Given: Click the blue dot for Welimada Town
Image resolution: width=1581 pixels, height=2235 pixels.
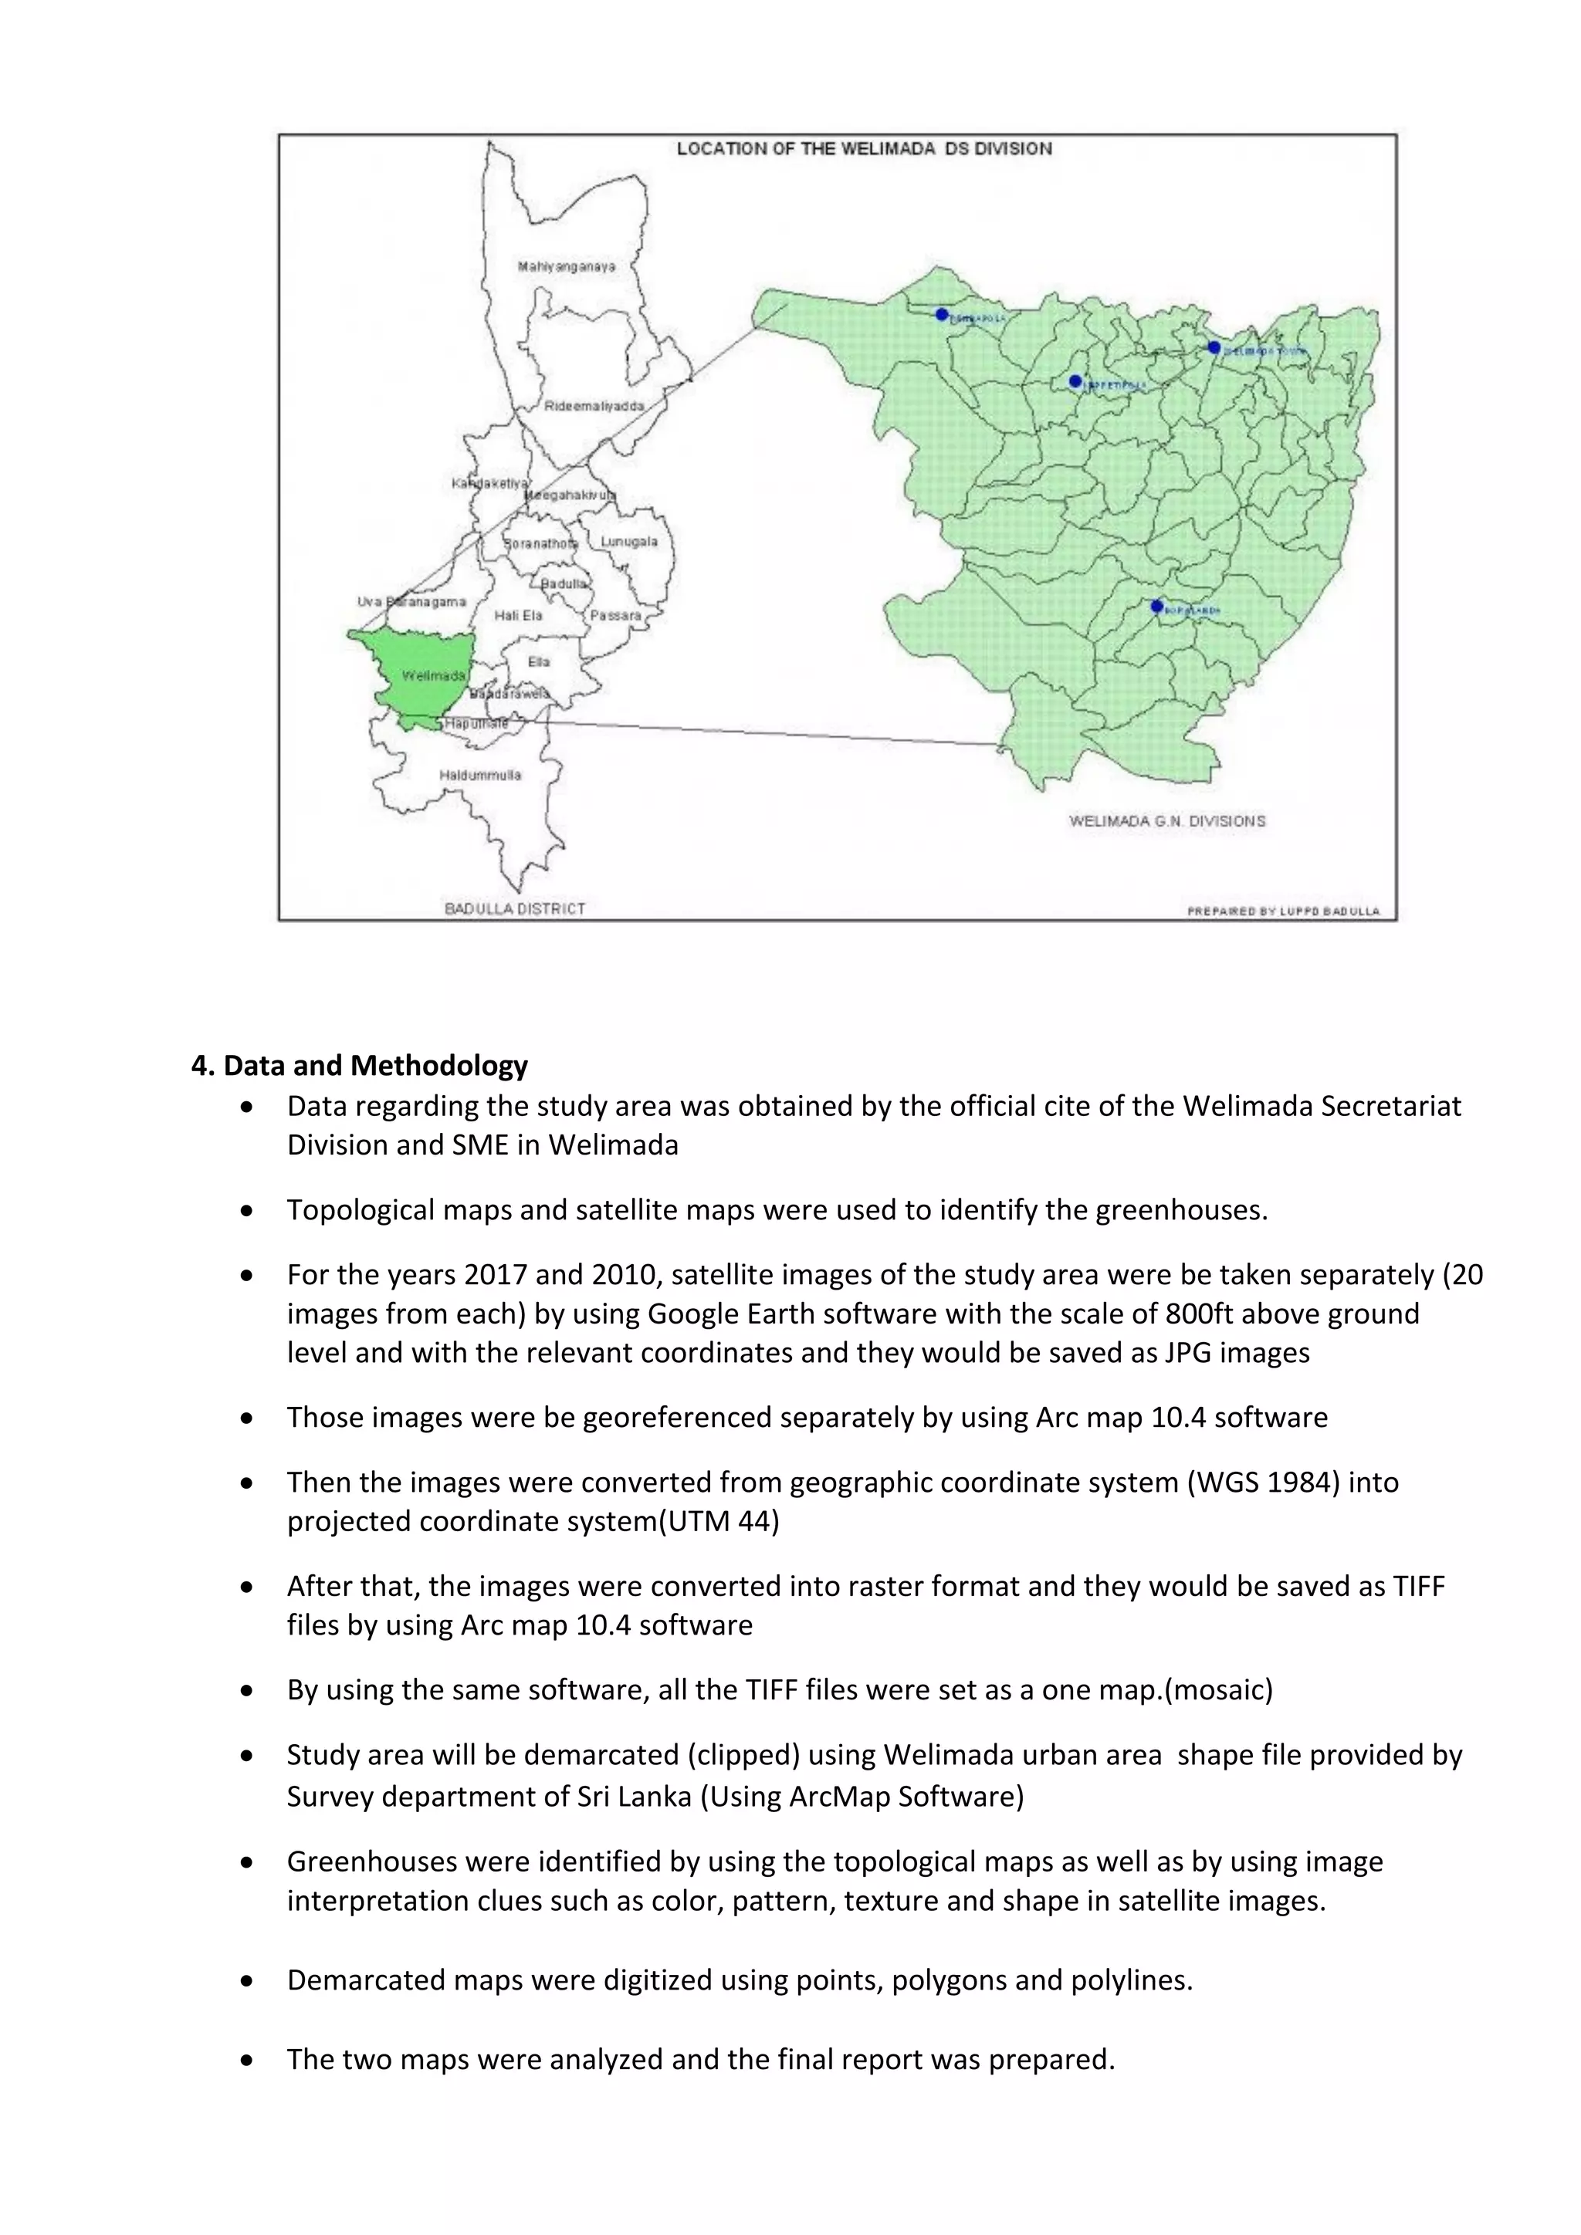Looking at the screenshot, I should pos(1214,347).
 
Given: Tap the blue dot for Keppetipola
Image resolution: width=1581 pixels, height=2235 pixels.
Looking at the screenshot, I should pos(1075,381).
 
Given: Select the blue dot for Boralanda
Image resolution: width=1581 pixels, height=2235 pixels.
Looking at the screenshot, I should pos(1156,607).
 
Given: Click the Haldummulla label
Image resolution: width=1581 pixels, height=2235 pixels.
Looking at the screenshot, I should pos(480,776).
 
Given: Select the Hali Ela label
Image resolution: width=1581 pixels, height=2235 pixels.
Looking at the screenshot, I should pos(518,615).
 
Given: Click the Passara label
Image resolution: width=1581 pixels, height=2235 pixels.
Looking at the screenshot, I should pos(615,615).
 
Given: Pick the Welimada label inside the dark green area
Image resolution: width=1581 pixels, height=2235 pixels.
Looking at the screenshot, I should pos(433,675).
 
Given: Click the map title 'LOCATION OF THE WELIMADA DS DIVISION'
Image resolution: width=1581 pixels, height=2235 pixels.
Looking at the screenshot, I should pos(864,149).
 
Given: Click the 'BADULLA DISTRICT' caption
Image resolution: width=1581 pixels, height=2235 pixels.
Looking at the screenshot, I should pos(515,909).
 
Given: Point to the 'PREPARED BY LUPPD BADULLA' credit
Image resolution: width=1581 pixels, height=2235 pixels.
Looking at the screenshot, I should pos(1283,911).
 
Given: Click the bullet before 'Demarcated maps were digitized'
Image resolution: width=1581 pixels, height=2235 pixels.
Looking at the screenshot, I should pos(249,1981).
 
